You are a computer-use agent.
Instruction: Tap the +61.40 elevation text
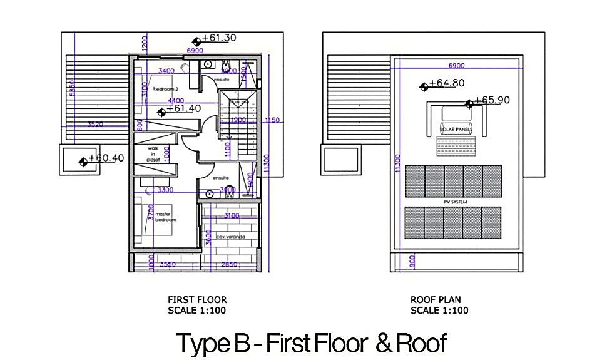pyautogui.click(x=183, y=109)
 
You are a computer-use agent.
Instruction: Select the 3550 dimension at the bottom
pyautogui.click(x=165, y=265)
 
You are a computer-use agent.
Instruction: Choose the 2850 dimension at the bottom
pyautogui.click(x=228, y=265)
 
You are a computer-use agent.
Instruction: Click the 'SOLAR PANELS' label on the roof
pyautogui.click(x=456, y=130)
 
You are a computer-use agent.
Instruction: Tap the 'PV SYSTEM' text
pyautogui.click(x=454, y=202)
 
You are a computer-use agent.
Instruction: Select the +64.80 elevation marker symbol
pyautogui.click(x=424, y=86)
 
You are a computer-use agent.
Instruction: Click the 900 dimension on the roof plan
pyautogui.click(x=411, y=261)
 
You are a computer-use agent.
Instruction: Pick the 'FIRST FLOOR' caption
pyautogui.click(x=197, y=300)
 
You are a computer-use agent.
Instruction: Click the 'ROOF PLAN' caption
pyautogui.click(x=436, y=300)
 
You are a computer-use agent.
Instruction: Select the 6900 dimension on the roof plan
pyautogui.click(x=457, y=66)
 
